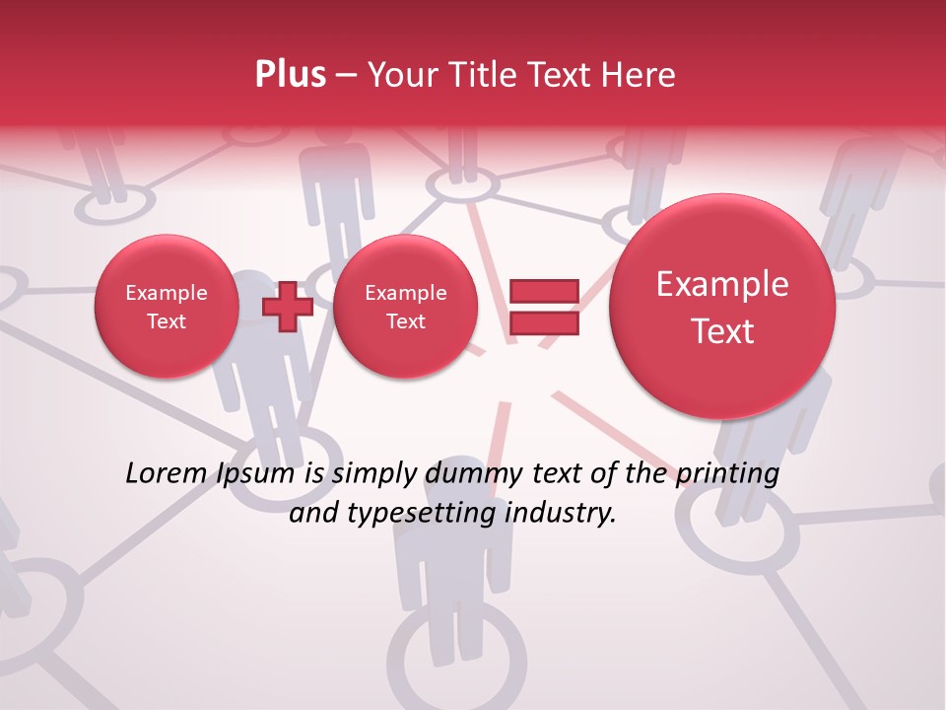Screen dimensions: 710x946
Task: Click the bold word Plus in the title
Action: tap(291, 75)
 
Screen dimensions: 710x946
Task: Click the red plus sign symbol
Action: tap(287, 306)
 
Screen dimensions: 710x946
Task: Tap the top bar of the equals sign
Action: tap(543, 291)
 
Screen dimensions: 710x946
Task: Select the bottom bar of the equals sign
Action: tap(543, 322)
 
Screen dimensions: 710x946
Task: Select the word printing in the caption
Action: tap(727, 474)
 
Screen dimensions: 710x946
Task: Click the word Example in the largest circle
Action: tap(722, 284)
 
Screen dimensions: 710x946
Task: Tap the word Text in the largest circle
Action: tap(722, 331)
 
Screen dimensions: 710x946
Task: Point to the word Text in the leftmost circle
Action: tap(167, 321)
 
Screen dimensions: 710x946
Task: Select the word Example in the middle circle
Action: tap(405, 293)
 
